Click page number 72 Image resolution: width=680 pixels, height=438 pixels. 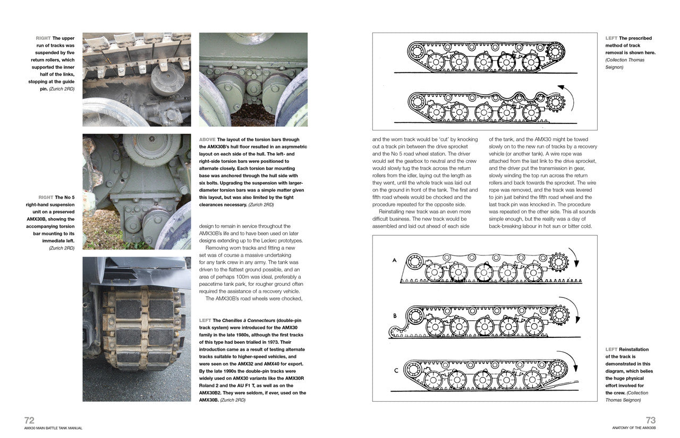29,420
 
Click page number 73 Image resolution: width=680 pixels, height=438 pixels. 650,420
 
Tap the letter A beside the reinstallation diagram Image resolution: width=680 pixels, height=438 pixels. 394,260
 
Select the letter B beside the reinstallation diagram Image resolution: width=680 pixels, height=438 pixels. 395,316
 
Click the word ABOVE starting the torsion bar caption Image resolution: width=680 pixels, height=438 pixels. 207,139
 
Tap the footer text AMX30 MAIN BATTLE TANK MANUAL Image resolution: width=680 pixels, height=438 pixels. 53,428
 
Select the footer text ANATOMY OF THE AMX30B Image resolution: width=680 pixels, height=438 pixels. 634,428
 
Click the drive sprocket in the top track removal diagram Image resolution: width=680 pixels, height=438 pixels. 555,52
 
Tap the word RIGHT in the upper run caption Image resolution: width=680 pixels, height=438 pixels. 43,38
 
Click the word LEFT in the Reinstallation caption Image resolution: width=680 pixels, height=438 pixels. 611,349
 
